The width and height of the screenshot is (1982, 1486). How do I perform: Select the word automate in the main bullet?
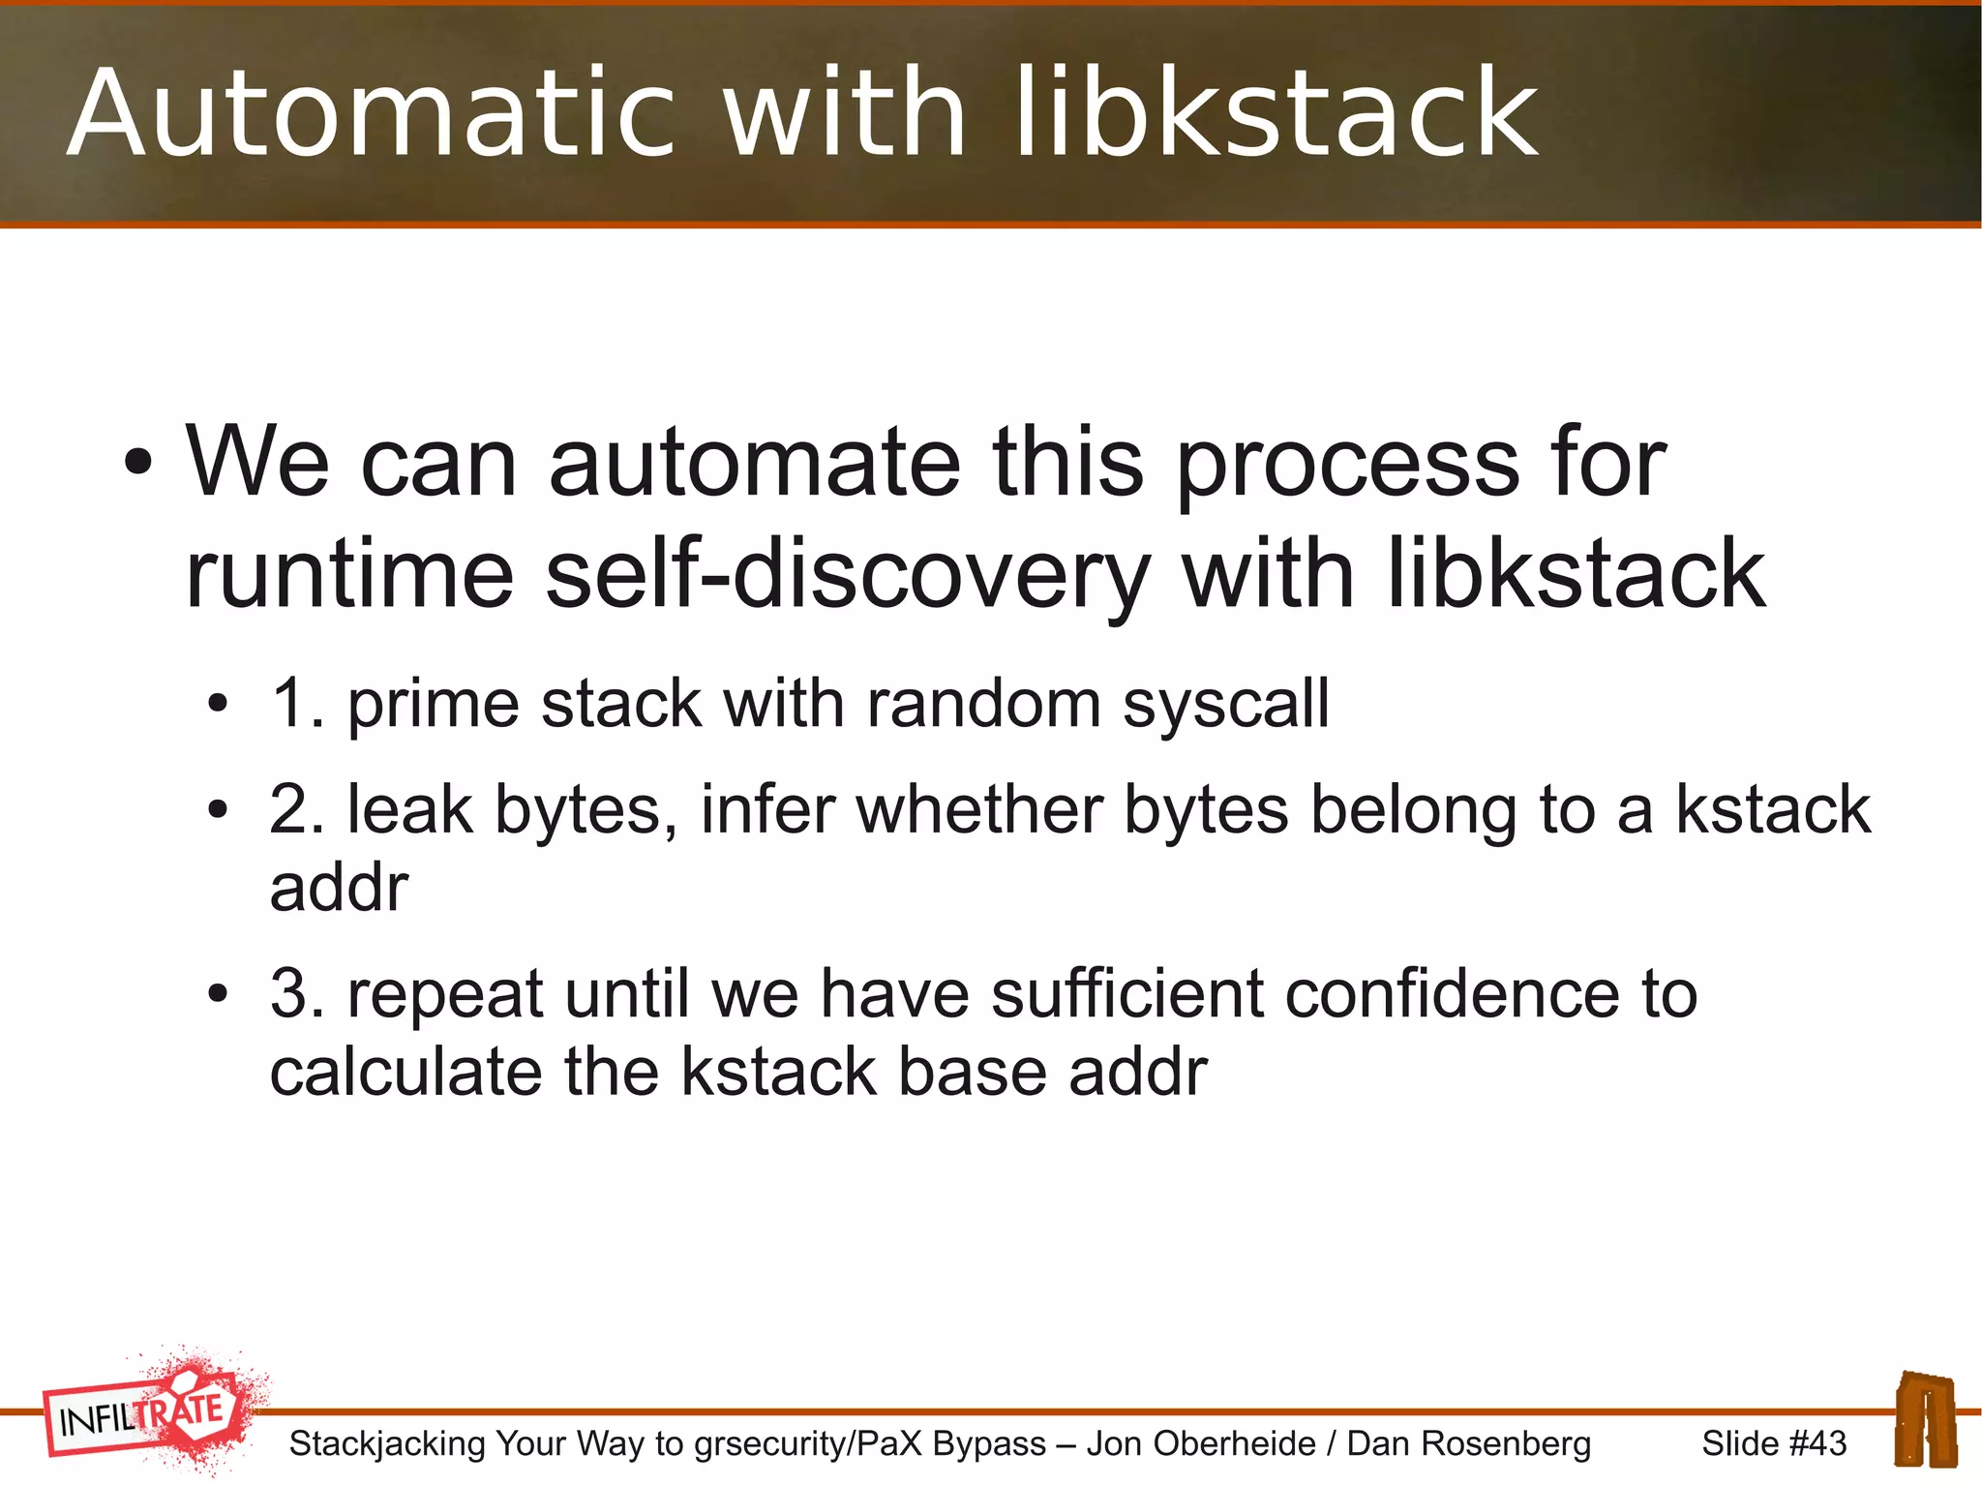click(x=754, y=463)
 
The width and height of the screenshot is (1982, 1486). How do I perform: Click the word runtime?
click(x=348, y=575)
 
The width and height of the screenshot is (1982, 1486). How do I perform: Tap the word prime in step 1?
click(x=433, y=705)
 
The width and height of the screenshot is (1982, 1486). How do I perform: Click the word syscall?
click(x=1226, y=705)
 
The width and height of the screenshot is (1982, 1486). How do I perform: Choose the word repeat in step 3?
click(x=445, y=996)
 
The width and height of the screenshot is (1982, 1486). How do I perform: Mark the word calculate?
click(x=405, y=1072)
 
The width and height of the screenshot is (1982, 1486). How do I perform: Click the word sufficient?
click(x=1127, y=994)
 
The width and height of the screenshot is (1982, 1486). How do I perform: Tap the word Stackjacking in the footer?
click(x=387, y=1443)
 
